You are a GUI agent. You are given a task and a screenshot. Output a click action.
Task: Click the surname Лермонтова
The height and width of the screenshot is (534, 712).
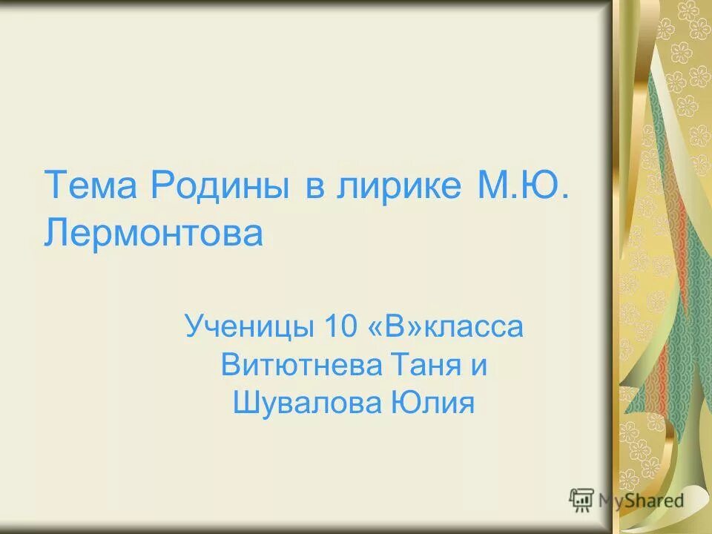click(154, 233)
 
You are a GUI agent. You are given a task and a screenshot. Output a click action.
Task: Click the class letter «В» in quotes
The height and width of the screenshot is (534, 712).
click(393, 327)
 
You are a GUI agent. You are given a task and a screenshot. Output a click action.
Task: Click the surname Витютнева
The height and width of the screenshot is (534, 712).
click(301, 366)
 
